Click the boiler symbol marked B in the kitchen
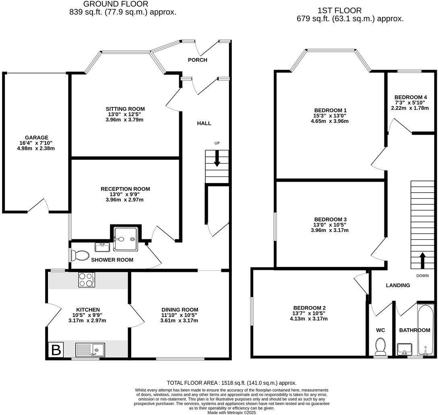click(56, 350)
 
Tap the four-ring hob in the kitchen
click(87, 279)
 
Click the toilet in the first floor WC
click(380, 345)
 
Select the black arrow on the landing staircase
click(422, 260)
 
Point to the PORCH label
click(198, 60)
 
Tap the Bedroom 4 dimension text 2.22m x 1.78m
click(410, 108)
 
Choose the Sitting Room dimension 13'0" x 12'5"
click(125, 114)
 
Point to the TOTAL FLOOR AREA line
click(231, 383)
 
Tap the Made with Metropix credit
click(231, 412)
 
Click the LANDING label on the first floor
click(398, 285)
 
